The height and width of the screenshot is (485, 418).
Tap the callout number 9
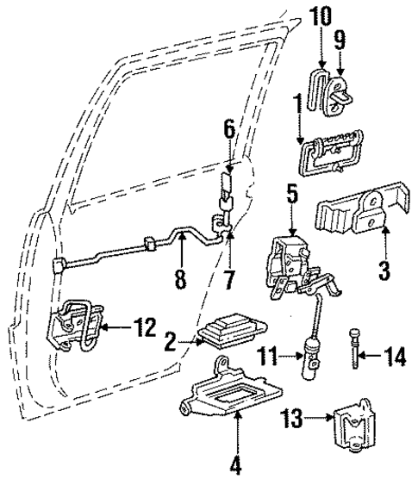click(x=340, y=39)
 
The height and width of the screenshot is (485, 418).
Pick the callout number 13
click(x=295, y=420)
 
